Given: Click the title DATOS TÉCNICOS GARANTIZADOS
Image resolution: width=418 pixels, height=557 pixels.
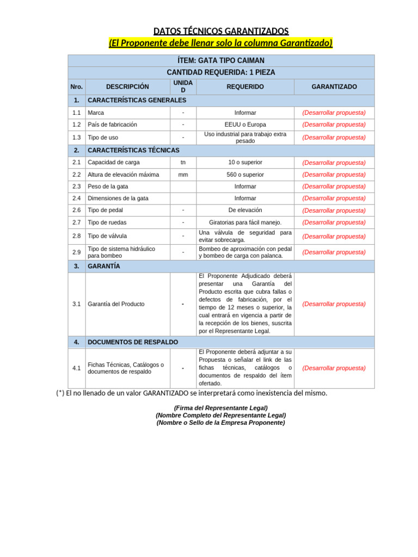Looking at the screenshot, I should (x=220, y=31).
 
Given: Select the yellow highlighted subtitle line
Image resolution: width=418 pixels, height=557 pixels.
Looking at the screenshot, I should (x=220, y=43).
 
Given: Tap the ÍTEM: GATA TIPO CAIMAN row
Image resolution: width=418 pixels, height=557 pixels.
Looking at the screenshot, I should (x=221, y=60).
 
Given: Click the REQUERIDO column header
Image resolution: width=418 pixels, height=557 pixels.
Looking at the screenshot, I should (x=245, y=86).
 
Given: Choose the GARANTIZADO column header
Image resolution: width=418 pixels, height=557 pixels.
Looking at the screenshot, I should (x=334, y=86).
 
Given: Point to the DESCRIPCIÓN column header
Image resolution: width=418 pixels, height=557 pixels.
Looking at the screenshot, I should (x=127, y=86).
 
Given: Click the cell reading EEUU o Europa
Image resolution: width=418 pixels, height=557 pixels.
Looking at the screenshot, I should (x=245, y=125).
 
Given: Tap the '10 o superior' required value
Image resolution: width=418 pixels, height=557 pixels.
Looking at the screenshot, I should (x=245, y=162).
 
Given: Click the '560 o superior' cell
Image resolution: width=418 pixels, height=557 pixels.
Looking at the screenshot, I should (x=245, y=175).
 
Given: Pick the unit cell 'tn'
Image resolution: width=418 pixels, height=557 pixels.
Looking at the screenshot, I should (x=183, y=162).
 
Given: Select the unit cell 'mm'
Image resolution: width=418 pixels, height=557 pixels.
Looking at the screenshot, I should (x=183, y=175).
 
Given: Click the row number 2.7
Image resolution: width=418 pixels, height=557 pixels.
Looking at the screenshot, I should (x=76, y=222).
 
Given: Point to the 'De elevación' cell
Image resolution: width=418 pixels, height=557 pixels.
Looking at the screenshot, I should (x=245, y=210).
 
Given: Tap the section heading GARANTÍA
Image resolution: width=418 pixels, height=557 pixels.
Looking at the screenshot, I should (x=104, y=266).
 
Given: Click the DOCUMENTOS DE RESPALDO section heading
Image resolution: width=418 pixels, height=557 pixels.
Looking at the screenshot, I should (x=133, y=342).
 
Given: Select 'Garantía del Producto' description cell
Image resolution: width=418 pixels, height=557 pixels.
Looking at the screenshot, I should (x=116, y=304).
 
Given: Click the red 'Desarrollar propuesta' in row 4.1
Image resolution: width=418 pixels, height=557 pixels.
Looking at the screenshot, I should (x=334, y=368).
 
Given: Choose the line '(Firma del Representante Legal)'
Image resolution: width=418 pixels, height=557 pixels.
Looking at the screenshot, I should (x=220, y=407).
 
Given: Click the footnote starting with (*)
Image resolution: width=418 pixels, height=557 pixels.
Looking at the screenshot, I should (x=192, y=393).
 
